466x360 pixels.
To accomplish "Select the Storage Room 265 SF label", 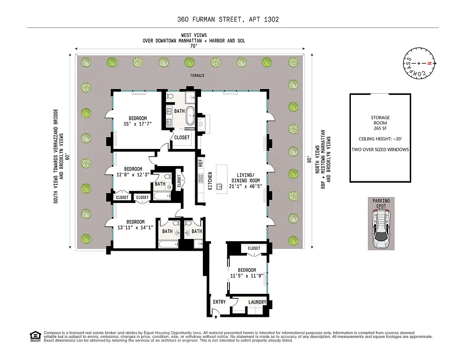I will (380, 123).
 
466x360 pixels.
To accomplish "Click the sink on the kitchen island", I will (220, 186).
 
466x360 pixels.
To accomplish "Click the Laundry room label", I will (257, 302).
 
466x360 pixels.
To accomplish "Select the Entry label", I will (219, 302).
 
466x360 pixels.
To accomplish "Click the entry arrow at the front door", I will (216, 317).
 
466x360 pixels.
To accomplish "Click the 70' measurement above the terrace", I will (194, 46).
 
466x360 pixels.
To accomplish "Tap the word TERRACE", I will (196, 76).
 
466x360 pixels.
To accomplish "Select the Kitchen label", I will (210, 180).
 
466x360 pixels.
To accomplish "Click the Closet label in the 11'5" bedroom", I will (254, 248).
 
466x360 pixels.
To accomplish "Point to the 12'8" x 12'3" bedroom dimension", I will (133, 175).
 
